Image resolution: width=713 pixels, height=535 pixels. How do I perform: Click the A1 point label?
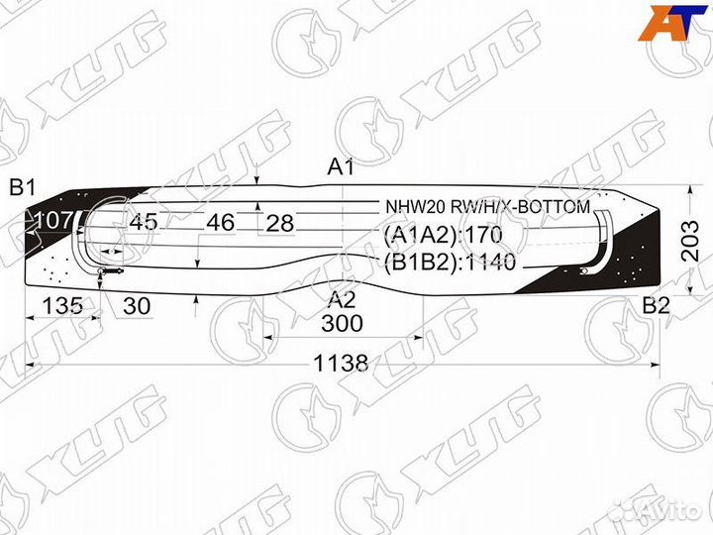pos(341,167)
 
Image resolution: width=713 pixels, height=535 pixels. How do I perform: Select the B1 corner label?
pos(23,187)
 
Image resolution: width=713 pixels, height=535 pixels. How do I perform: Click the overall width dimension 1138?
pos(343,364)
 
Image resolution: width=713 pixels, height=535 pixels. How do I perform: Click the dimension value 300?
pos(342,324)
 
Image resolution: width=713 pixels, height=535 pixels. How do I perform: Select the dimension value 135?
pos(63,306)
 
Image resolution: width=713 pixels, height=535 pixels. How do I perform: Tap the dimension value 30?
pos(138,306)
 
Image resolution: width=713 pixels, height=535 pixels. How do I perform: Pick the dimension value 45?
pos(143,222)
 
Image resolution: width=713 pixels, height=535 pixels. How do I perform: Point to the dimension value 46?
pos(220,222)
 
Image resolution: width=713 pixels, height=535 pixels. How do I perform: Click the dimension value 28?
pos(280,223)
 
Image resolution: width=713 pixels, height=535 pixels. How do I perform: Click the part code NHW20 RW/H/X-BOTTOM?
pos(487,207)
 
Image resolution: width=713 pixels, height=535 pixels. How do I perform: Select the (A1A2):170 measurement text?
pos(443,235)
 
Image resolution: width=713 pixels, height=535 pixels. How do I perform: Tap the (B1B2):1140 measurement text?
pos(451,263)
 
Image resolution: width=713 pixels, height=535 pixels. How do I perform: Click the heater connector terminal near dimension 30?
pos(110,270)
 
